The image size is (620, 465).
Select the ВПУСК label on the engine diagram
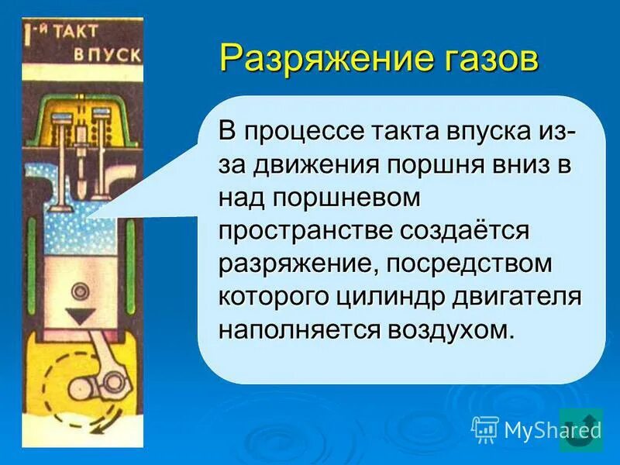(x=108, y=55)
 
